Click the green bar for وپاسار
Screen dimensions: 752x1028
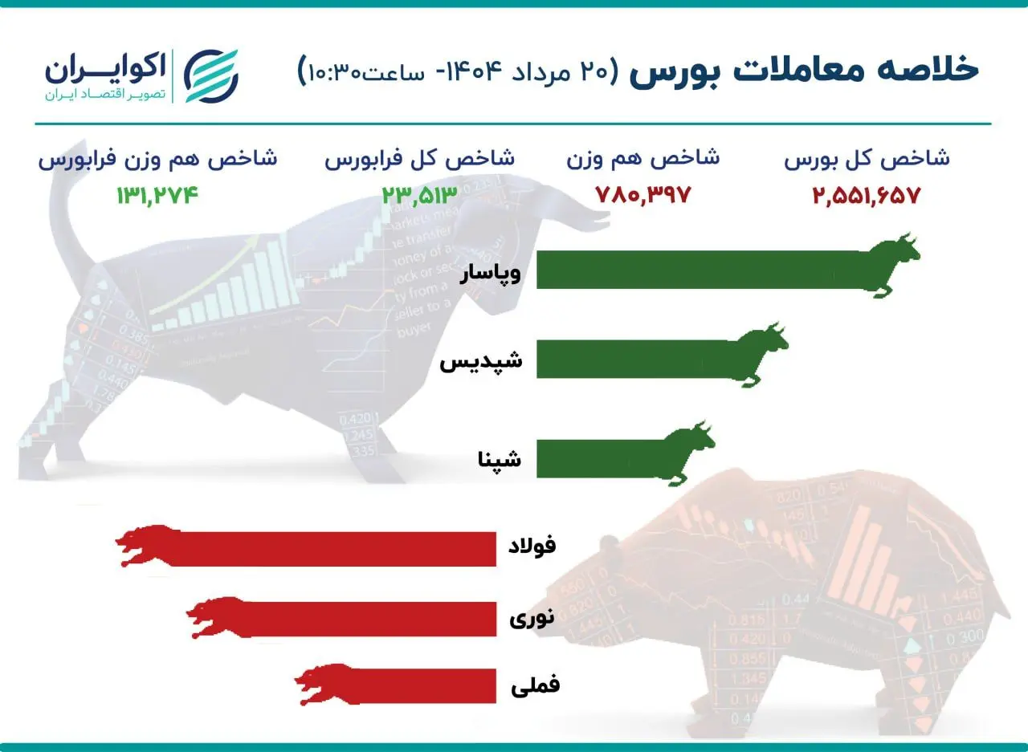pyautogui.click(x=699, y=270)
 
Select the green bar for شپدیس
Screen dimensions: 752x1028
pyautogui.click(x=634, y=358)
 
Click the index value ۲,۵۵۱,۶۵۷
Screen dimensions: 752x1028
pyautogui.click(x=865, y=195)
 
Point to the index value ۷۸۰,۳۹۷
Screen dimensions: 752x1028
pyautogui.click(x=642, y=195)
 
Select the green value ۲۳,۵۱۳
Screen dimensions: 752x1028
pyautogui.click(x=418, y=195)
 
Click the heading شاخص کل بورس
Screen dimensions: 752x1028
pyautogui.click(x=867, y=158)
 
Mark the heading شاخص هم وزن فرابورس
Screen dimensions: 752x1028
pyautogui.click(x=157, y=158)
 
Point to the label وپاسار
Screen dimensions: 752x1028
pyautogui.click(x=490, y=274)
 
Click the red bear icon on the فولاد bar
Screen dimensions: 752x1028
pyautogui.click(x=146, y=546)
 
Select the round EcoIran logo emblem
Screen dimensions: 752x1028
pyautogui.click(x=211, y=76)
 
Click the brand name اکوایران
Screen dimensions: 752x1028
pyautogui.click(x=105, y=68)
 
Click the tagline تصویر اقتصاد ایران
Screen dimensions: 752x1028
pyautogui.click(x=105, y=95)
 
